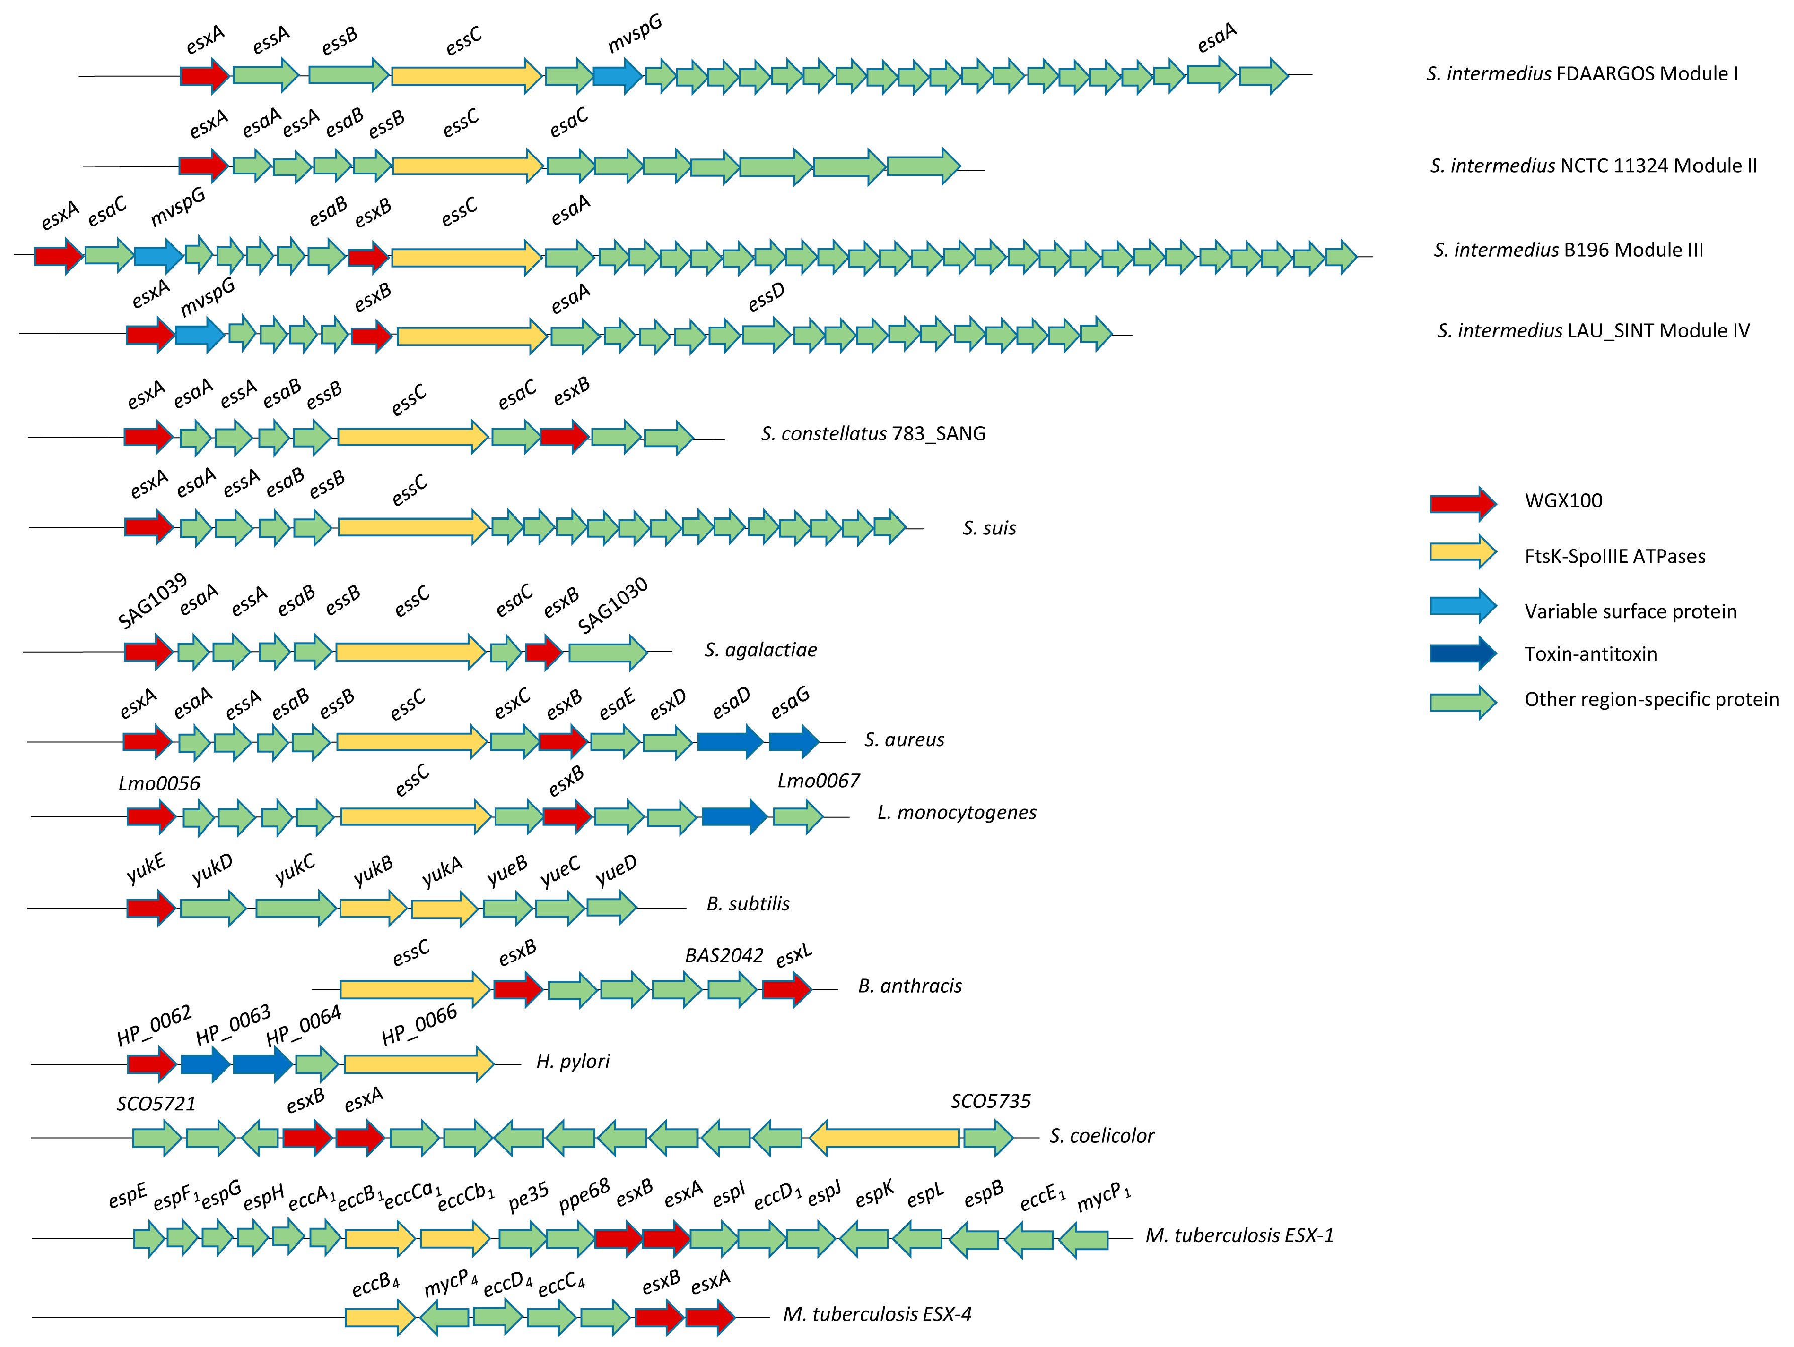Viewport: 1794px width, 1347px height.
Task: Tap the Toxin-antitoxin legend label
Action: click(1590, 654)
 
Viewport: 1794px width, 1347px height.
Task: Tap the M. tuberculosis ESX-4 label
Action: click(877, 1314)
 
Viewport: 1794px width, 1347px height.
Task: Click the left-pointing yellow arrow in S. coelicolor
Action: click(884, 1138)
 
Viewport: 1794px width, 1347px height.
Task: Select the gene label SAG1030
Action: click(613, 605)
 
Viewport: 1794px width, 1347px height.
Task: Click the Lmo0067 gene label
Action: click(818, 781)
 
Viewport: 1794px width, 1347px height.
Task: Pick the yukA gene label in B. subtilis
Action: click(442, 872)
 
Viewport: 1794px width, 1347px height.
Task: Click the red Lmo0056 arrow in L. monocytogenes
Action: click(151, 816)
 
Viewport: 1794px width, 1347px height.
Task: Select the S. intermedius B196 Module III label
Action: click(1568, 250)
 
